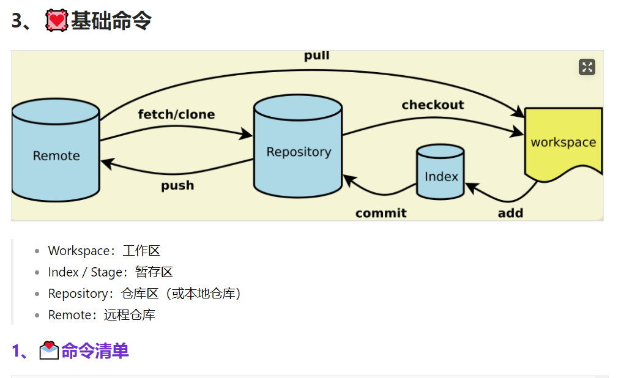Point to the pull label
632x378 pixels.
(x=317, y=56)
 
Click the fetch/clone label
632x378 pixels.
(x=176, y=114)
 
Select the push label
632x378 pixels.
(x=177, y=185)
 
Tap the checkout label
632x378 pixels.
(x=433, y=105)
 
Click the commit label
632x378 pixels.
(x=381, y=213)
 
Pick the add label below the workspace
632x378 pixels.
(x=510, y=213)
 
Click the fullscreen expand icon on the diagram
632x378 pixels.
(x=587, y=67)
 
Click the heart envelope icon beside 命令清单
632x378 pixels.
(x=49, y=351)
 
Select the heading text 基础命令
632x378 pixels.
(x=111, y=21)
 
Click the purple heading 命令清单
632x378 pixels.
(x=95, y=351)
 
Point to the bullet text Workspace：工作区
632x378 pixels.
(x=104, y=251)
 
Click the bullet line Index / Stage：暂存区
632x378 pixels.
(x=111, y=272)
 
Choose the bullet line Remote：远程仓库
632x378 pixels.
(x=102, y=315)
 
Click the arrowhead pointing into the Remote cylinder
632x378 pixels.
(x=106, y=163)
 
